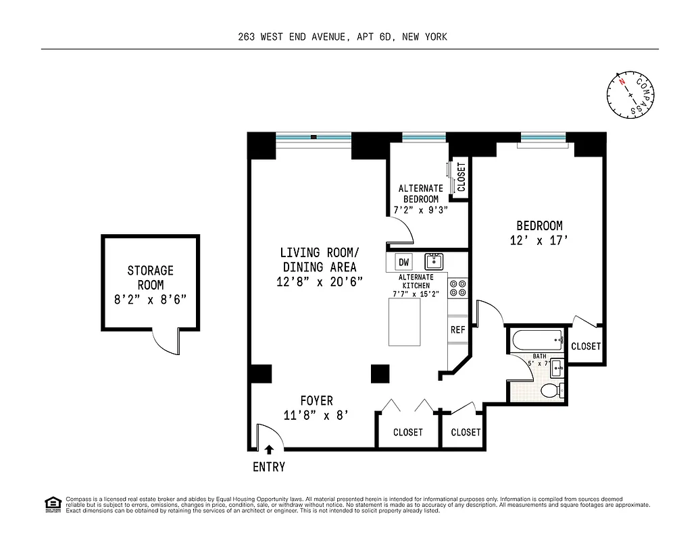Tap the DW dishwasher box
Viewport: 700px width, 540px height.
pos(404,262)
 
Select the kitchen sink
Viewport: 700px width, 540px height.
pos(432,261)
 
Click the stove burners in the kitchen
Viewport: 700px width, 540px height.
pos(458,288)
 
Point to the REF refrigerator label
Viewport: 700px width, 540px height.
pos(458,330)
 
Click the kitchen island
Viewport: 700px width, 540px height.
pos(405,322)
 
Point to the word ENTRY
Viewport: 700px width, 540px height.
pos(269,467)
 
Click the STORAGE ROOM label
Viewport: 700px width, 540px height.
pos(151,277)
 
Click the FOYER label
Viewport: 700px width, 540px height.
pos(317,401)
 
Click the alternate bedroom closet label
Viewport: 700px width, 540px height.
pos(461,178)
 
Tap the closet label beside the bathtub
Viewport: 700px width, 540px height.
pos(585,346)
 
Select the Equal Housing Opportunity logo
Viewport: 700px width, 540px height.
pos(52,504)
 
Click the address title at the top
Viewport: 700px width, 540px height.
pos(343,37)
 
